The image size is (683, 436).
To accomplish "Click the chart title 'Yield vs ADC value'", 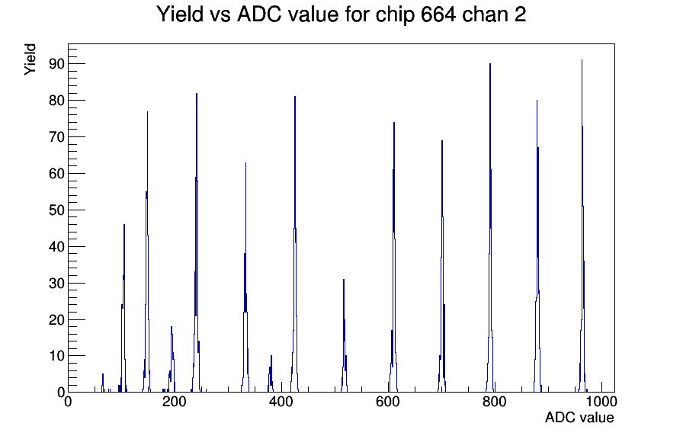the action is (248, 14).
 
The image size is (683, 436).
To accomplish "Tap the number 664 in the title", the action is (438, 14).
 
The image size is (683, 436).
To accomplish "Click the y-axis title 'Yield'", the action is (30, 59).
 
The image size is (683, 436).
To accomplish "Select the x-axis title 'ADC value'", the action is (579, 417).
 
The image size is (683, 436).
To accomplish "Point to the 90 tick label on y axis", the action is (56, 64).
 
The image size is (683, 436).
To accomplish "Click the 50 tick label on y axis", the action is (56, 210).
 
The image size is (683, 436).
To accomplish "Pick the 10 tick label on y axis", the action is (56, 356).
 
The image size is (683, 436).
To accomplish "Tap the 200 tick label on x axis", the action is (175, 401).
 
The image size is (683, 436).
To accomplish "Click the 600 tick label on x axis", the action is (388, 401).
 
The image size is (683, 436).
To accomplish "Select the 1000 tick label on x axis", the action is (601, 401).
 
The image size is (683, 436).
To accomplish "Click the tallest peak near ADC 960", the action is (582, 60).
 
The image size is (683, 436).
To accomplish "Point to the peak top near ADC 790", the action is (490, 63).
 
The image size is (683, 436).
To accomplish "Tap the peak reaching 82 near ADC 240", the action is (197, 93).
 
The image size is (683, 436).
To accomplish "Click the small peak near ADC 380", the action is (271, 356).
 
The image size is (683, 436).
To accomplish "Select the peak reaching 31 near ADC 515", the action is (344, 280).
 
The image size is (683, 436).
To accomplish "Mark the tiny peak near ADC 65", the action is (103, 374).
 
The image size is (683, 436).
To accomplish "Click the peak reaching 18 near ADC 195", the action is (172, 327).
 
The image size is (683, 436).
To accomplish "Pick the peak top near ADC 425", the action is (295, 97).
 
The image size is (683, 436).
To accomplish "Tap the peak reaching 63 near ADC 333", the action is (245, 163).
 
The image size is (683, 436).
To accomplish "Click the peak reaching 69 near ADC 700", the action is (441, 141).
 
